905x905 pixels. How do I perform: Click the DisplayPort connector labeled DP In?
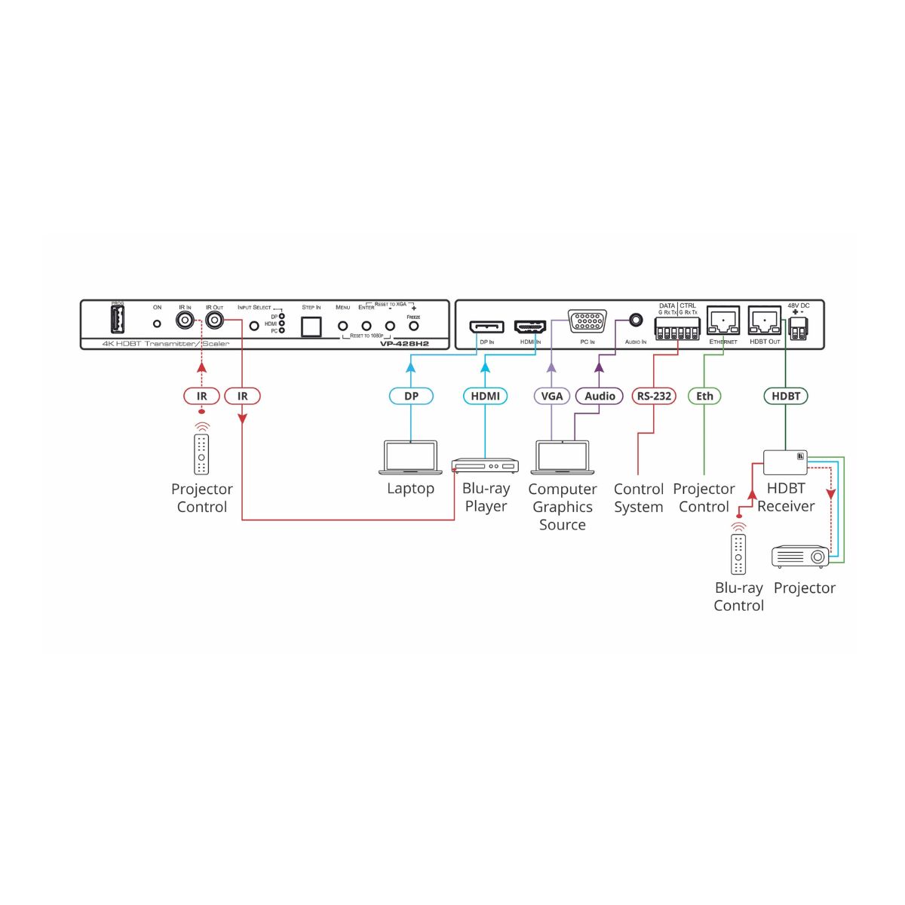click(x=486, y=327)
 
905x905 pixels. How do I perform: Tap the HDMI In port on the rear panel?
click(x=530, y=327)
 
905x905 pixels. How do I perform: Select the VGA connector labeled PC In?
click(x=587, y=322)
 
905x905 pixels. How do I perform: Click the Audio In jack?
click(x=636, y=321)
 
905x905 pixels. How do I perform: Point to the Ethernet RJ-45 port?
click(x=722, y=321)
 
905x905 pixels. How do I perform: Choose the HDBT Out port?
click(x=764, y=321)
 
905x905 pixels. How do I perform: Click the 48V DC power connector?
click(x=798, y=325)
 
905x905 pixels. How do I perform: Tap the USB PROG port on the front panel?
click(x=118, y=321)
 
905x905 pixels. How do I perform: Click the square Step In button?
click(x=311, y=326)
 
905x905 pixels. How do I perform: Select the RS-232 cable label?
click(x=654, y=396)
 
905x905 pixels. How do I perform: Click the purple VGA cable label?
click(x=552, y=396)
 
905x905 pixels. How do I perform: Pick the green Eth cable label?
click(x=704, y=396)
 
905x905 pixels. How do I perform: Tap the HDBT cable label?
click(x=786, y=396)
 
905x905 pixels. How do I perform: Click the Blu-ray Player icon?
click(x=486, y=465)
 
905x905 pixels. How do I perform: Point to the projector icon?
click(x=800, y=557)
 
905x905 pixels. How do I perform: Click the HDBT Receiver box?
click(x=785, y=462)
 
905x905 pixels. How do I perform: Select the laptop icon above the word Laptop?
click(x=410, y=458)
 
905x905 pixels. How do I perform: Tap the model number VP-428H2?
click(x=404, y=344)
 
